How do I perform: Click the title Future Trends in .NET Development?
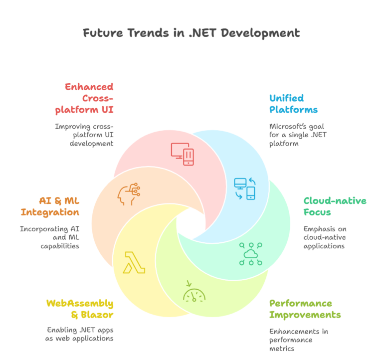(191, 33)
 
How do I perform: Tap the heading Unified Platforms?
(293, 104)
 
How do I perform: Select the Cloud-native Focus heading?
(335, 206)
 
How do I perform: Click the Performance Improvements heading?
(305, 309)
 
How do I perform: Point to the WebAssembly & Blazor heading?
(80, 309)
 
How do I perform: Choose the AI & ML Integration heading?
(50, 206)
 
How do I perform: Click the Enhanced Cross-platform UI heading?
(84, 98)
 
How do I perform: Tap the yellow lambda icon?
(134, 263)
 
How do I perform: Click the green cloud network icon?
(251, 254)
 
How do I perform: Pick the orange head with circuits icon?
(129, 194)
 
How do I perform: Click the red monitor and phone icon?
(183, 154)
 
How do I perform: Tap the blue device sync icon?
(244, 189)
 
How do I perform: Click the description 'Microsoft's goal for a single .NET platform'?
(298, 135)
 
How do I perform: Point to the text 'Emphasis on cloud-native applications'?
(325, 237)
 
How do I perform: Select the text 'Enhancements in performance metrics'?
(299, 340)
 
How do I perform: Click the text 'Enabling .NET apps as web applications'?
(79, 334)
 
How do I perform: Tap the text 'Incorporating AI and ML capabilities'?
(49, 237)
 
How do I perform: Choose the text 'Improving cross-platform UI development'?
(84, 135)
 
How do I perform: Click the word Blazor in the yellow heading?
(97, 315)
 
